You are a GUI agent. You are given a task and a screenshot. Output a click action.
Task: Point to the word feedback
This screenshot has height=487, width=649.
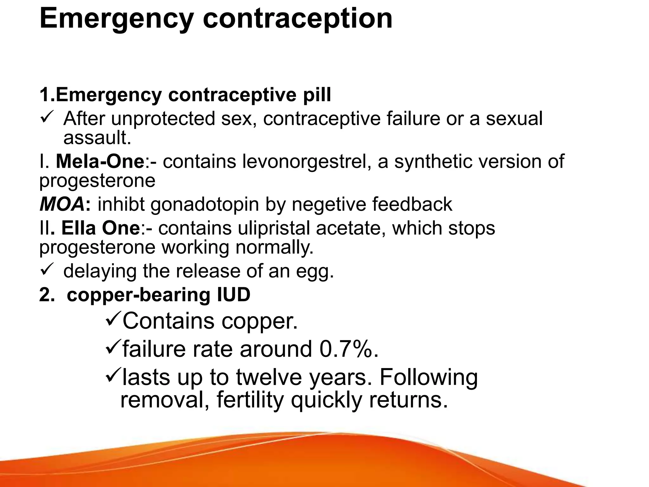(x=412, y=204)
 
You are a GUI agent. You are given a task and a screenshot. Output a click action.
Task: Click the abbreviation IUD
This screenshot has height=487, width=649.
(x=234, y=295)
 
